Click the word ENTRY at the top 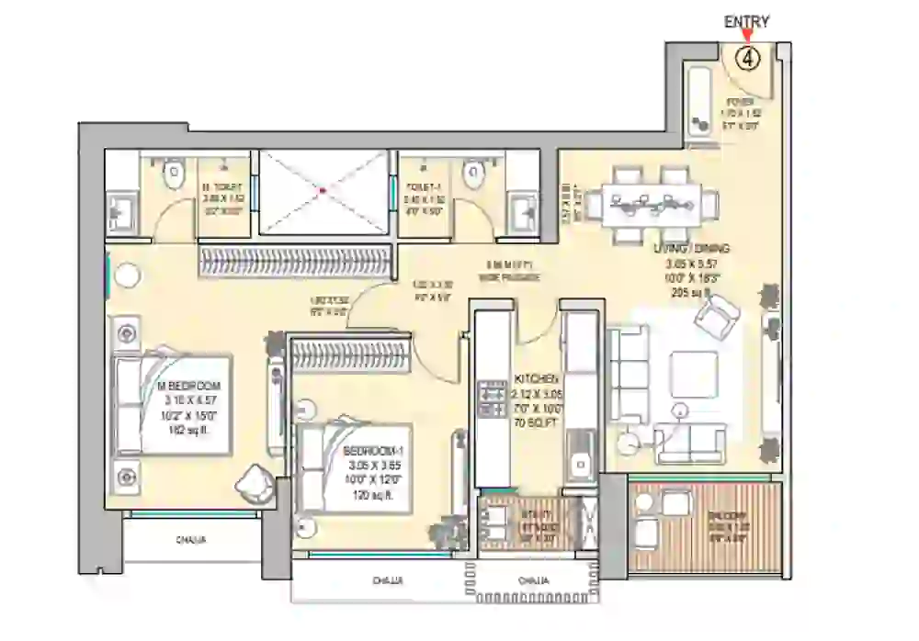coord(746,22)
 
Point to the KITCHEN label coord(537,378)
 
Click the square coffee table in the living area coord(693,374)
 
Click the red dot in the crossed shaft coord(322,192)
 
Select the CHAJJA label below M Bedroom coord(192,541)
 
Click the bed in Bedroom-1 coord(354,463)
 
